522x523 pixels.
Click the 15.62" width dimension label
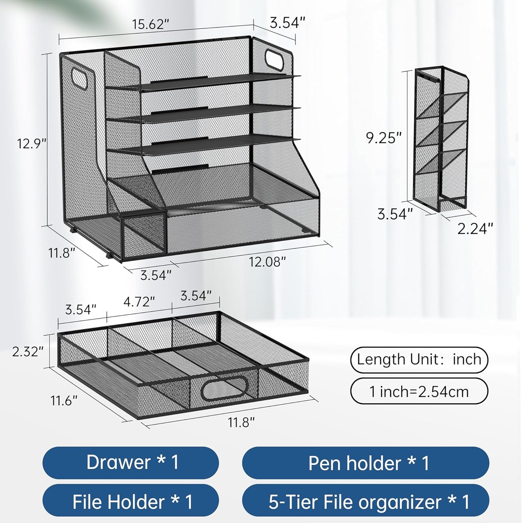point(150,25)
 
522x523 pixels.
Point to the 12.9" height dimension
point(31,143)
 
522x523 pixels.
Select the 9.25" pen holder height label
point(384,138)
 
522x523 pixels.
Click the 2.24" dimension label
point(475,229)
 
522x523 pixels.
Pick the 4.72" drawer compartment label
point(139,301)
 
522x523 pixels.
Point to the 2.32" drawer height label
point(28,351)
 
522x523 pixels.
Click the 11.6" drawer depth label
point(64,400)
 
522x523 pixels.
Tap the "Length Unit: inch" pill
point(419,360)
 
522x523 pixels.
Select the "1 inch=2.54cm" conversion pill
point(419,391)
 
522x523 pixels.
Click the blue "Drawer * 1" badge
point(131,463)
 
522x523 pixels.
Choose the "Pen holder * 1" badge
point(366,463)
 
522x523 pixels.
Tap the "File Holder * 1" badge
point(131,502)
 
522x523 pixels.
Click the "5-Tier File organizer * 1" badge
point(366,502)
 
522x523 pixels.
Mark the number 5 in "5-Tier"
point(273,502)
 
